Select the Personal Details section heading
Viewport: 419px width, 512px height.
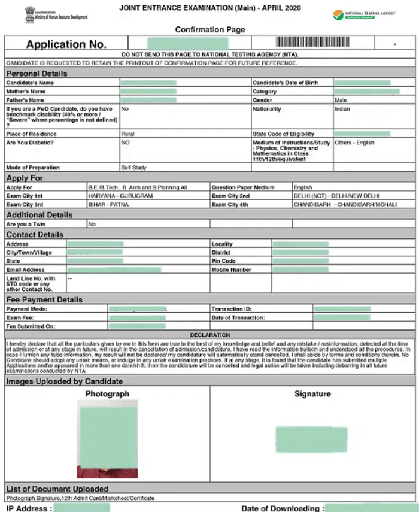tap(37, 74)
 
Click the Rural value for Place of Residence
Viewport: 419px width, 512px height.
tap(127, 134)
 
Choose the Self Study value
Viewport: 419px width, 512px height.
tap(134, 168)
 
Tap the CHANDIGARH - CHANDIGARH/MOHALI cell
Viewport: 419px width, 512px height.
tap(345, 205)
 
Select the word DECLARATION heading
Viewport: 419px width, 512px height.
tap(209, 335)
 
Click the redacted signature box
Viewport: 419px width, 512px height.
tap(311, 439)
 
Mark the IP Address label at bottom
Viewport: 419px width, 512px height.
tap(29, 508)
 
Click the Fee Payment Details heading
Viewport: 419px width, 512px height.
tap(44, 299)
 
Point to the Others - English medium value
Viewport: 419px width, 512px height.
tap(354, 143)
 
